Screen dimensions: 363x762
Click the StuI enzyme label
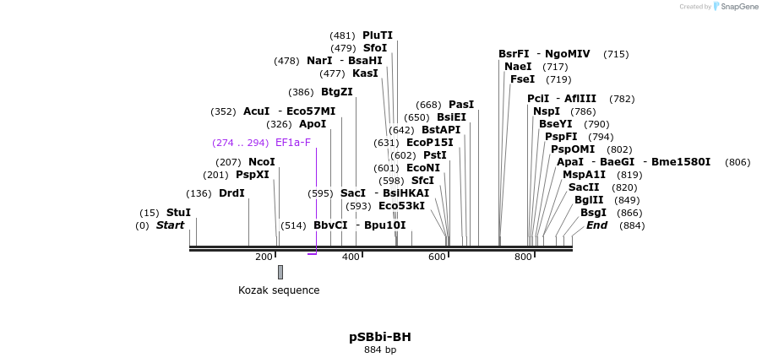coord(178,213)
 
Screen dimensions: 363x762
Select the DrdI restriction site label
coord(231,193)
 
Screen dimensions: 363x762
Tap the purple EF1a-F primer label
coord(293,143)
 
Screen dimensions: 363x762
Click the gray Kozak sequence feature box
coord(280,272)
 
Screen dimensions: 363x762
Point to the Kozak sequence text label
coord(279,290)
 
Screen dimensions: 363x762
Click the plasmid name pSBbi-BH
coord(380,337)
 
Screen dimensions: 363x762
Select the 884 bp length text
coord(380,349)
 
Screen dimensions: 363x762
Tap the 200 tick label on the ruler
coord(264,257)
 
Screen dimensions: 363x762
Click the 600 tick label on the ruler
coord(437,257)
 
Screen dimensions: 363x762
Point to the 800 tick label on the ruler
coord(523,257)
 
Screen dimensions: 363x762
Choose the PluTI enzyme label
coord(378,35)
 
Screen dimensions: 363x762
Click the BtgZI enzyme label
coord(337,92)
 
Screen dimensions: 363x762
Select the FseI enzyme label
coord(522,79)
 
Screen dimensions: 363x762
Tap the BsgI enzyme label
coord(593,213)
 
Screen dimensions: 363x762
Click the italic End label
coord(596,225)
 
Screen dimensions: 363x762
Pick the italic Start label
coord(170,225)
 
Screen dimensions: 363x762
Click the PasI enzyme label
coord(461,105)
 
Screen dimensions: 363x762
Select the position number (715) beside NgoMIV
coord(616,54)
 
